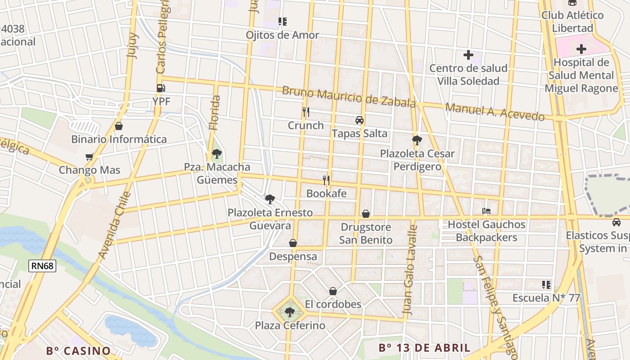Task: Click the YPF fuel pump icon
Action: pos(160,88)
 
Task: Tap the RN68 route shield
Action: pos(43,266)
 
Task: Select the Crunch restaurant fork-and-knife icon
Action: pos(306,112)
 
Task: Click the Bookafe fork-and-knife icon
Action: pos(326,180)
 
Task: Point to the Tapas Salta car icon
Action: pos(359,120)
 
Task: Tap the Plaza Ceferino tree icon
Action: pos(289,311)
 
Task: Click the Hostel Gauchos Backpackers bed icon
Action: pos(486,211)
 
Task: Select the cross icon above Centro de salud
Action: pos(468,55)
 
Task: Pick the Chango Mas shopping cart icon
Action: pos(89,157)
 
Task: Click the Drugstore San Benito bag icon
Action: pos(366,214)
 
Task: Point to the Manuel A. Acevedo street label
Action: pos(495,112)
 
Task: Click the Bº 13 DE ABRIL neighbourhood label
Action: pos(424,347)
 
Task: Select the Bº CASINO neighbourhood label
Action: pos(78,351)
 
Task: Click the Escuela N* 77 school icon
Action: pos(546,284)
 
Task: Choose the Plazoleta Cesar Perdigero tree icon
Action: pos(417,140)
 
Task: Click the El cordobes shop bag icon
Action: pos(333,291)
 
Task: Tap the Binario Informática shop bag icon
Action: pos(119,126)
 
